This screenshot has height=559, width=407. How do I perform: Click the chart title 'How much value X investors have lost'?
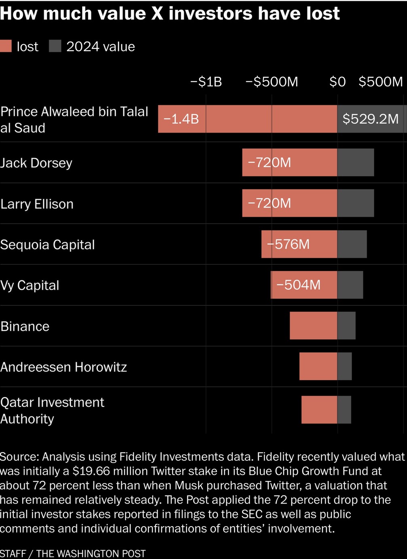click(x=170, y=13)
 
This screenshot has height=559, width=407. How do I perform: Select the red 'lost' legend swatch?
click(x=6, y=46)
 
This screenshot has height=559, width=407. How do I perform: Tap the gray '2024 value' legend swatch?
click(x=55, y=46)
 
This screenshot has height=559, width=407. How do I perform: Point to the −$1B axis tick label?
click(x=206, y=82)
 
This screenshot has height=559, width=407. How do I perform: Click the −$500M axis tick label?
click(x=271, y=82)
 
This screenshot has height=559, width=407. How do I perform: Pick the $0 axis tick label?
click(x=337, y=82)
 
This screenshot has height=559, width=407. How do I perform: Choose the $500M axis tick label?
click(x=381, y=82)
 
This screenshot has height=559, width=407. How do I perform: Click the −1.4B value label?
click(x=181, y=119)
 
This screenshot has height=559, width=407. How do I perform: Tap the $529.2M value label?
click(x=371, y=119)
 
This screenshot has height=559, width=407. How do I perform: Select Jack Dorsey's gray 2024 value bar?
click(x=356, y=163)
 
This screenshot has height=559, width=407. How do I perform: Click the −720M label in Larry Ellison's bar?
click(x=269, y=203)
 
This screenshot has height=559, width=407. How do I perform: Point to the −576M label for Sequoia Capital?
click(x=288, y=244)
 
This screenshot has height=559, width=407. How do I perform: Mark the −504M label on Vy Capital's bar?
click(x=298, y=285)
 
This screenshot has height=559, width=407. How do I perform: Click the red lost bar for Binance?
click(x=314, y=326)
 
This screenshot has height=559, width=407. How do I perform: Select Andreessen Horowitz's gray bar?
click(x=345, y=366)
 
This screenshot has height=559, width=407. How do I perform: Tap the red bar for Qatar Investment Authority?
click(x=319, y=410)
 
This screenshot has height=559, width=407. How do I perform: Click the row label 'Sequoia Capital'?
click(x=47, y=245)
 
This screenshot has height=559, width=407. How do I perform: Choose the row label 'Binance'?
click(x=25, y=326)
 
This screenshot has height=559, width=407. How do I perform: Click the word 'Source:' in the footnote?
click(x=19, y=457)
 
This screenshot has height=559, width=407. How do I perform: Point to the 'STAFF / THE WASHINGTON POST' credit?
click(x=73, y=553)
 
